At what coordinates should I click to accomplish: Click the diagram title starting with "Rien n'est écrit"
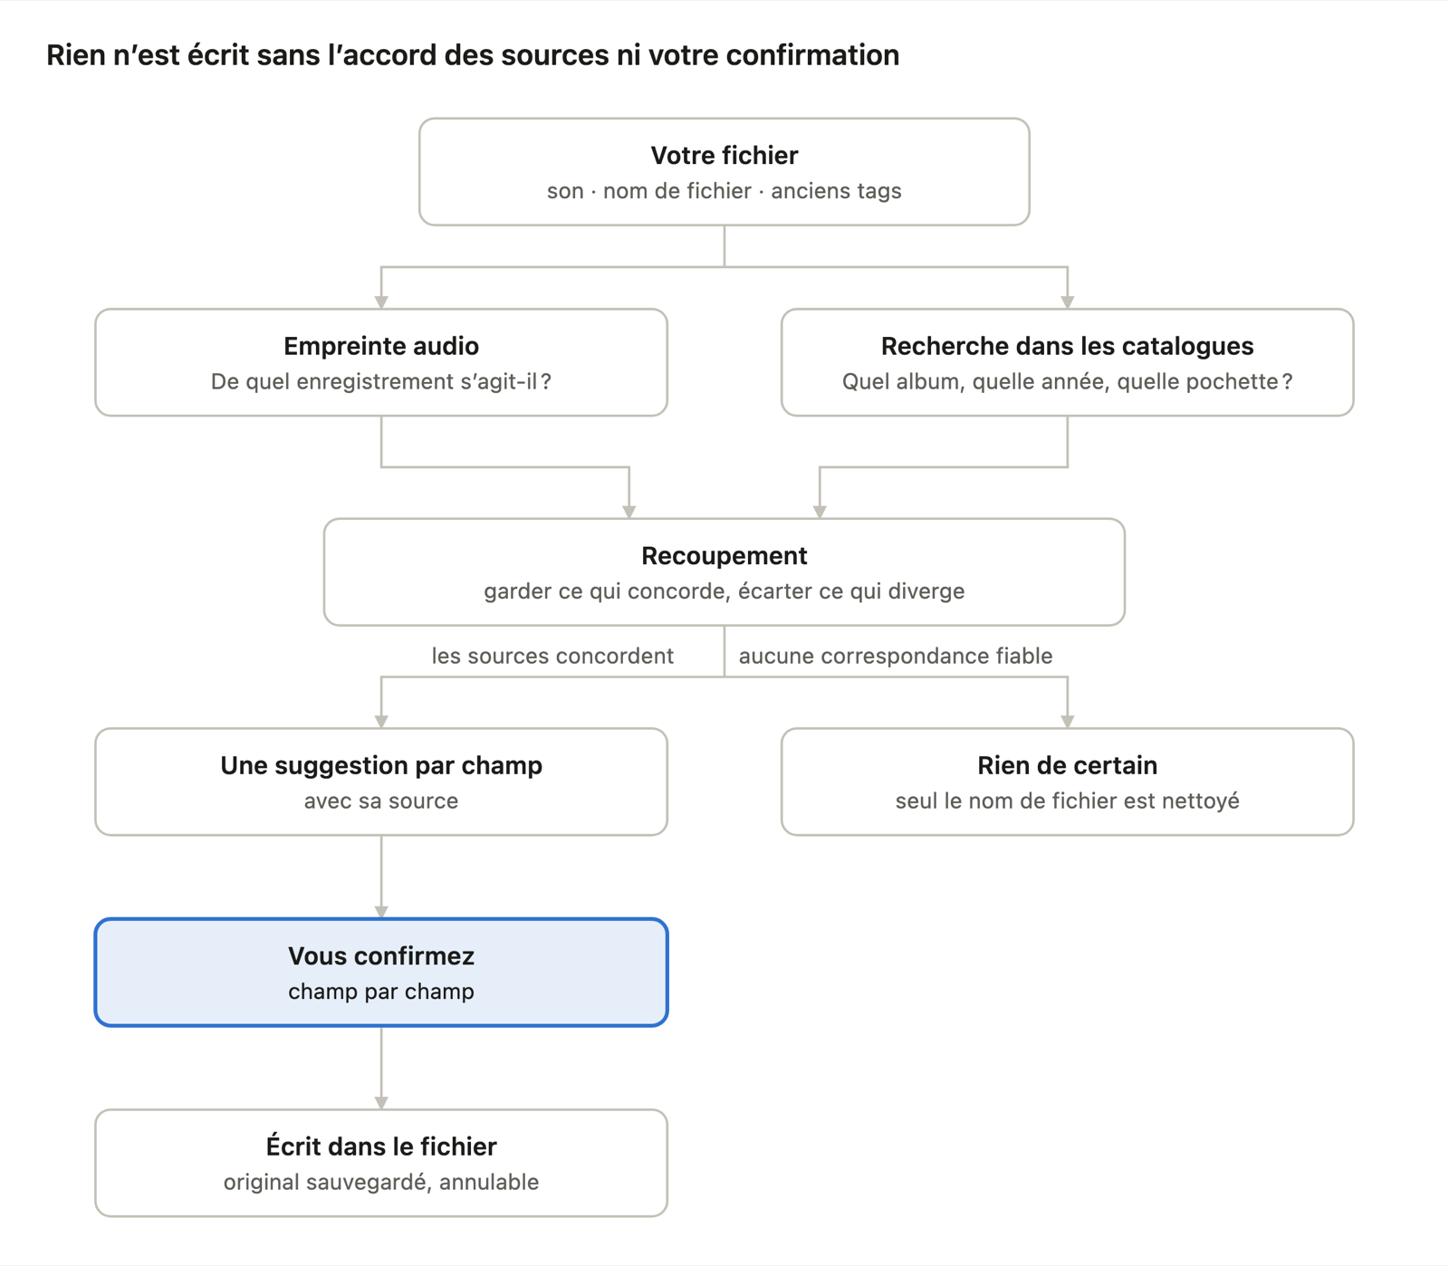473,55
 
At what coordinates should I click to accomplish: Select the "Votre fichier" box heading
724,156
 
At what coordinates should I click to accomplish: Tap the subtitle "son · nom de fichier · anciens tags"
724,191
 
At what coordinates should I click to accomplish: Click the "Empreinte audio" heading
381,346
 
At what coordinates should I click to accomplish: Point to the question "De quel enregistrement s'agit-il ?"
381,381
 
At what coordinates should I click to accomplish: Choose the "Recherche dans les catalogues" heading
1068,346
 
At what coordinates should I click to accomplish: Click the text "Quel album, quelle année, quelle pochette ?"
1068,381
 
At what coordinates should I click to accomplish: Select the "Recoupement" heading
724,556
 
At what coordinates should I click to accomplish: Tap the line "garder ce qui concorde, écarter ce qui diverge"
724,591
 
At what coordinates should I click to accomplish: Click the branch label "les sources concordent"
552,656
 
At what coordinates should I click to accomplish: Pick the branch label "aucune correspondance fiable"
896,656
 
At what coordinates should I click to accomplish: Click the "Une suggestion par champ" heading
381,765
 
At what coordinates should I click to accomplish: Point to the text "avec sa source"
381,801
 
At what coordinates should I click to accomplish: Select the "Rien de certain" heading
1068,765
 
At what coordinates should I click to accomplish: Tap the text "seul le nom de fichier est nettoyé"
1068,801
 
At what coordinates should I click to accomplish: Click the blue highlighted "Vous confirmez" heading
381,956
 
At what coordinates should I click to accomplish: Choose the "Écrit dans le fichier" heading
381,1146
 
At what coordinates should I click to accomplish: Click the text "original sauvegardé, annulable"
381,1182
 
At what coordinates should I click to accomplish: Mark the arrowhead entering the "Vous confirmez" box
381,912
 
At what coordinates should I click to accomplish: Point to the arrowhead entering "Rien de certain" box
1068,722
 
